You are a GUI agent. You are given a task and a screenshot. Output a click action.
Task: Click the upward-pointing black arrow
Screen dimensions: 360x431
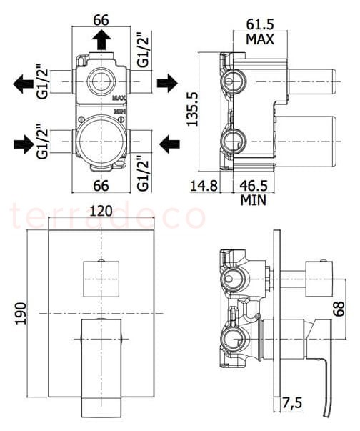(x=101, y=40)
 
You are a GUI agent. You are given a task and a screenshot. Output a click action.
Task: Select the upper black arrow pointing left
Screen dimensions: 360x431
(x=23, y=84)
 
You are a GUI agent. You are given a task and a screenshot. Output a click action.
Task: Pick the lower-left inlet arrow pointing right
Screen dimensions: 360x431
(x=24, y=144)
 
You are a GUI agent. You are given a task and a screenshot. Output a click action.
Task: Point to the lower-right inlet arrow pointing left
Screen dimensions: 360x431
(x=170, y=144)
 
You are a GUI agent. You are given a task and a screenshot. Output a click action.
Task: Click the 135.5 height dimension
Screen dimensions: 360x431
(x=193, y=109)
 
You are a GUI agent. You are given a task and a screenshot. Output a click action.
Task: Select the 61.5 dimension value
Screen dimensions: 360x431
(x=260, y=24)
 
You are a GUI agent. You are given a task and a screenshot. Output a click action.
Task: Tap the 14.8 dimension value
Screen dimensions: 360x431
(x=204, y=186)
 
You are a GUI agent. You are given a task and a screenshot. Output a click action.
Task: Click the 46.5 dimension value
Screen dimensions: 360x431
(x=254, y=186)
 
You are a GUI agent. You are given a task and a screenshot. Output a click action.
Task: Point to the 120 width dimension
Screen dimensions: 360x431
(x=101, y=211)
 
